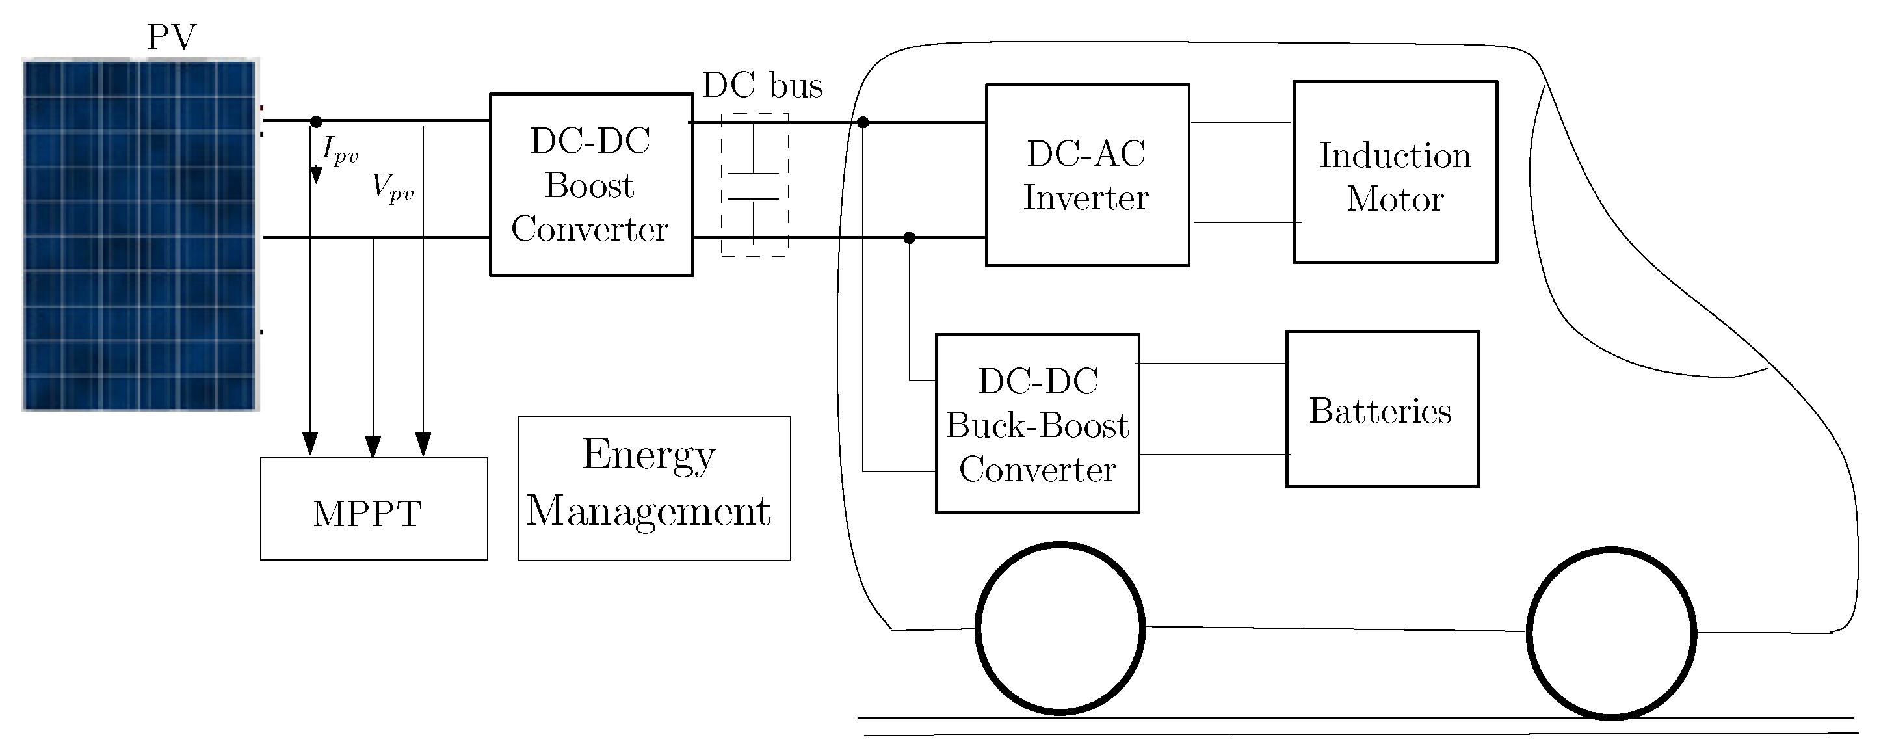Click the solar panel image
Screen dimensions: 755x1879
(140, 235)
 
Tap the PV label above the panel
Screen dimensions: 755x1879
(172, 37)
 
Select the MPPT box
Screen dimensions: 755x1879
(373, 509)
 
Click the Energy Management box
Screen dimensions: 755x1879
(653, 489)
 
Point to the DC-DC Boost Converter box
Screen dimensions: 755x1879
(591, 185)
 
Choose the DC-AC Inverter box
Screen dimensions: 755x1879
(1087, 176)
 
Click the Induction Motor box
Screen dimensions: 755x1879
(1395, 172)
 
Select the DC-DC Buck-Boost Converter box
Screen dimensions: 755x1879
(1036, 424)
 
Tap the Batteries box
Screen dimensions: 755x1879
(1382, 409)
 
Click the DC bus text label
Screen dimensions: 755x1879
(762, 85)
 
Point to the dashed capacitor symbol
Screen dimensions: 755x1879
(754, 185)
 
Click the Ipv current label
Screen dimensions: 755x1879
(340, 150)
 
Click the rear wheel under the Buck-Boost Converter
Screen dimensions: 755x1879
(1060, 628)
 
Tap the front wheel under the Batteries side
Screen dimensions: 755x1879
(1610, 633)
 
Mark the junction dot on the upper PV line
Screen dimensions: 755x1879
(316, 122)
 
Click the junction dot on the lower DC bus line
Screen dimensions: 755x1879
(909, 238)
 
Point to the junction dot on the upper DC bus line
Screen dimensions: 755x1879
(863, 122)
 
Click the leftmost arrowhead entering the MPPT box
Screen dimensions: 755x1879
(310, 443)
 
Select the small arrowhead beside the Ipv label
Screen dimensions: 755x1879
(316, 175)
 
